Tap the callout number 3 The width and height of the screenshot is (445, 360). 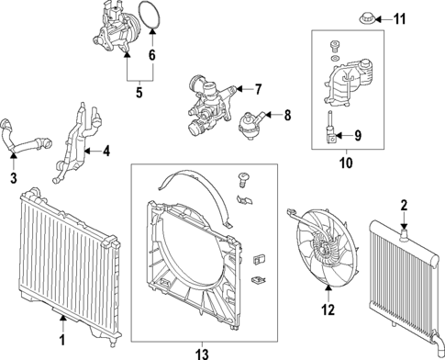pyautogui.click(x=14, y=176)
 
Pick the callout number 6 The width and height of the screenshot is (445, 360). pyautogui.click(x=152, y=55)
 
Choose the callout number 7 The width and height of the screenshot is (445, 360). pyautogui.click(x=258, y=89)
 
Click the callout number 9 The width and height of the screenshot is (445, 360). pyautogui.click(x=358, y=137)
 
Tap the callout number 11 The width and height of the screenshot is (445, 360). pyautogui.click(x=398, y=18)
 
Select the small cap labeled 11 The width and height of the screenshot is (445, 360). pyautogui.click(x=364, y=17)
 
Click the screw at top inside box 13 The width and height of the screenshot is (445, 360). pyautogui.click(x=244, y=177)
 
